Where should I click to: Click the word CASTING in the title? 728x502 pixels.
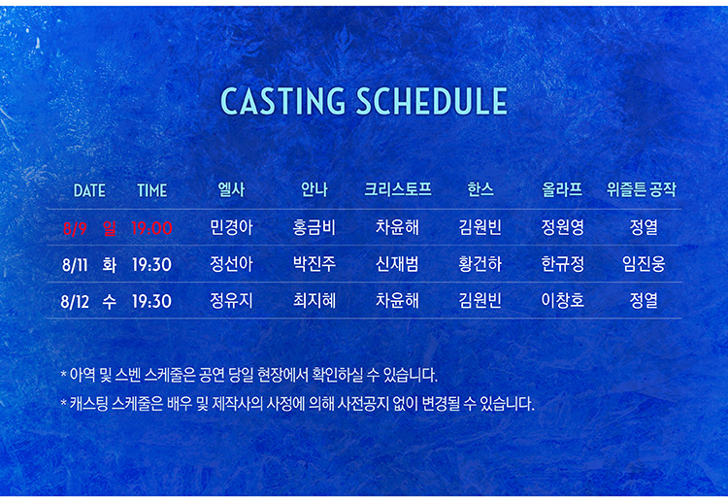click(282, 101)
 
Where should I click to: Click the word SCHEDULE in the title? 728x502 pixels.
click(432, 101)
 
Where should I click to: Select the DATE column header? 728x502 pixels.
click(89, 190)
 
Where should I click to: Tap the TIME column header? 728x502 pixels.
click(151, 190)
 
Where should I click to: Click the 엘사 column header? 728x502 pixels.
click(231, 189)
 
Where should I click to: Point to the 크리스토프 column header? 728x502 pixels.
click(397, 189)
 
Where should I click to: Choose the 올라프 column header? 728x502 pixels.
click(562, 189)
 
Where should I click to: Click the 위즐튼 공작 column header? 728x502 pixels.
click(642, 189)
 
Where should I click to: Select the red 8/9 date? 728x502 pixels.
click(75, 228)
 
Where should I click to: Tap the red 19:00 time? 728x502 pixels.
click(151, 228)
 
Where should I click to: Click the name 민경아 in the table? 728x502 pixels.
click(231, 227)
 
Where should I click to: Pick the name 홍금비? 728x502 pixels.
click(314, 227)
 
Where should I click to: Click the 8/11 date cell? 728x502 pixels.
click(75, 265)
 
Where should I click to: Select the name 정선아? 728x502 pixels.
click(231, 264)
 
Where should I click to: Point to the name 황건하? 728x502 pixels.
click(480, 264)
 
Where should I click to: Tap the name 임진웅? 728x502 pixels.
click(644, 264)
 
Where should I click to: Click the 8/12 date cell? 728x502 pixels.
click(75, 301)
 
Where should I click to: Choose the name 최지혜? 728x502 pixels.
click(314, 300)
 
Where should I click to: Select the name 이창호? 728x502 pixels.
click(562, 300)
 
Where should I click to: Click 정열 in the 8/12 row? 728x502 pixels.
click(644, 300)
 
